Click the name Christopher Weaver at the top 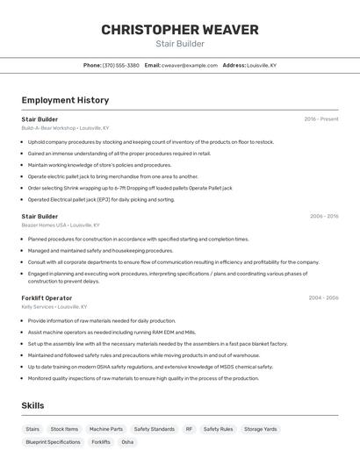coord(179,30)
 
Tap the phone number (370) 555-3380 coord(121,65)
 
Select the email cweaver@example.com coord(189,65)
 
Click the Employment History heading coord(65,101)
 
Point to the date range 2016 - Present coord(320,119)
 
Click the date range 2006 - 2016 coord(323,216)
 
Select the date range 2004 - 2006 coord(323,298)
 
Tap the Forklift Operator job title coord(47,298)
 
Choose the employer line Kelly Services coord(54,307)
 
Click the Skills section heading coord(32,405)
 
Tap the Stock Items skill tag coord(64,429)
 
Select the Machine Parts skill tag coord(106,429)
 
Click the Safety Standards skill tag coord(154,429)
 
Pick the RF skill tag coord(189,429)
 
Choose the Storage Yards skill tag coord(261,429)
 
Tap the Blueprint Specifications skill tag coord(53,442)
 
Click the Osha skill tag coord(128,442)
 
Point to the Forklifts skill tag coord(101,442)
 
